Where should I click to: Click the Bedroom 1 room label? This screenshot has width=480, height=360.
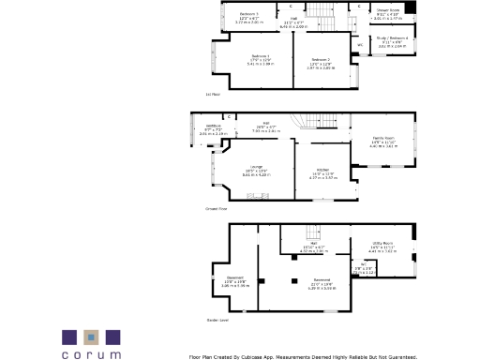point(253,57)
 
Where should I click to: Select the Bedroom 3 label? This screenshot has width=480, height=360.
point(248,14)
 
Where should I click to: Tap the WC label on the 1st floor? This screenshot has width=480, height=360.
point(359,44)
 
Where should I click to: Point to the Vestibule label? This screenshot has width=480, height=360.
point(213,127)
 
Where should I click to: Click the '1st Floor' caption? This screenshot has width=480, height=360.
point(212,95)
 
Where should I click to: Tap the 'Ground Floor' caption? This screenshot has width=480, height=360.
point(216,209)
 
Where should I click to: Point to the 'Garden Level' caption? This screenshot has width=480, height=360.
point(217,320)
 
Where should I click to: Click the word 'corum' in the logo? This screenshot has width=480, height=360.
point(92,353)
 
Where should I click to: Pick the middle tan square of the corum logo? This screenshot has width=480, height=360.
point(92,336)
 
